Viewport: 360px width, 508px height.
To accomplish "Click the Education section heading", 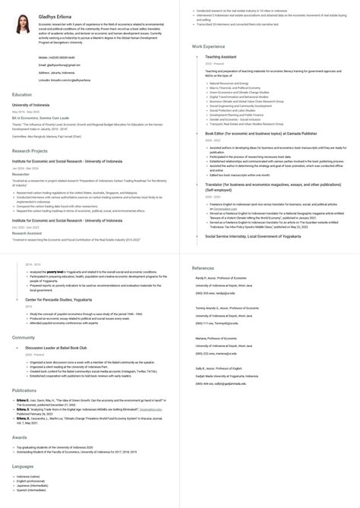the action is pyautogui.click(x=22, y=94).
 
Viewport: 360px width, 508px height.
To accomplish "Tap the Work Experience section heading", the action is pyautogui.click(x=208, y=46).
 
